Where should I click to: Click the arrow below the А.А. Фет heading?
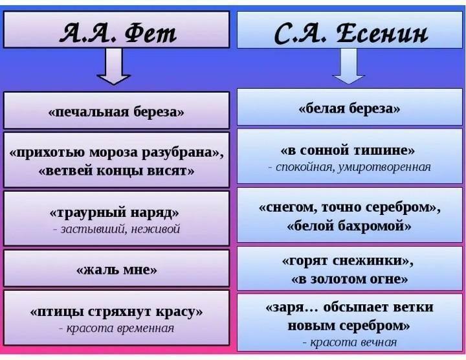[x=113, y=66]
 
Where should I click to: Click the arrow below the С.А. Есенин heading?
[x=348, y=66]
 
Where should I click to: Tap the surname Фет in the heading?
[x=151, y=33]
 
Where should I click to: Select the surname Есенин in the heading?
[x=383, y=33]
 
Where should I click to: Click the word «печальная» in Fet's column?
[x=89, y=113]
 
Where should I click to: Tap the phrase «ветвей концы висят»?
[x=116, y=171]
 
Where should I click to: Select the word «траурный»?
[x=88, y=213]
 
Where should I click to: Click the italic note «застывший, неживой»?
[x=116, y=229]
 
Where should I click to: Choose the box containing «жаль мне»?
[x=116, y=268]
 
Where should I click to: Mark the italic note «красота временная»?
[x=116, y=328]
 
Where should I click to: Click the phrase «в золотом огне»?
[x=349, y=279]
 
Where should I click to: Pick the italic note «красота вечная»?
[x=349, y=343]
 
